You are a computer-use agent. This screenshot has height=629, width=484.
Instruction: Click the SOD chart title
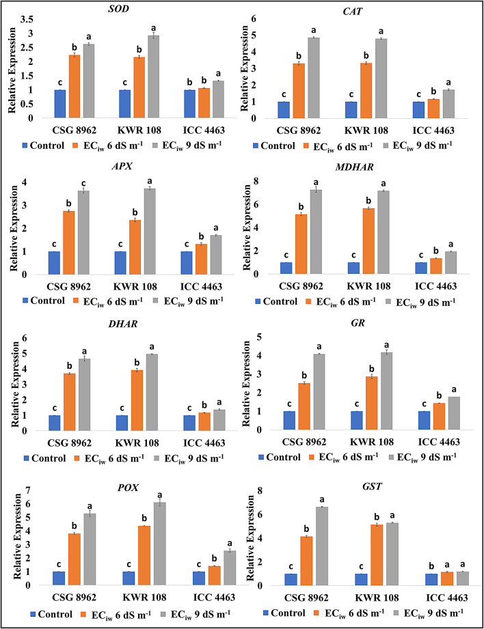(x=118, y=8)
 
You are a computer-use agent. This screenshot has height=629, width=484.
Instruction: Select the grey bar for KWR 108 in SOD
(x=153, y=76)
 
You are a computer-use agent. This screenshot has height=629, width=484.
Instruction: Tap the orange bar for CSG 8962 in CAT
(x=299, y=91)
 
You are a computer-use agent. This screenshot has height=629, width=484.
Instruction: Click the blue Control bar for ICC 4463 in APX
(x=187, y=263)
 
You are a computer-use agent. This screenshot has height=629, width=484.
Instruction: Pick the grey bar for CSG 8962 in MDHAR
(x=316, y=232)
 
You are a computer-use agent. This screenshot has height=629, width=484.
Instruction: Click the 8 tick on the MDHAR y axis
(x=256, y=182)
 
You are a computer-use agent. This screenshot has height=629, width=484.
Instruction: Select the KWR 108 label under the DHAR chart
(x=137, y=443)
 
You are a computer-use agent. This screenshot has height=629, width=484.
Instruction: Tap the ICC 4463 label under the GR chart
(x=439, y=442)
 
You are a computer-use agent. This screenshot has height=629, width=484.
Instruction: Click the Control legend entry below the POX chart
(x=51, y=614)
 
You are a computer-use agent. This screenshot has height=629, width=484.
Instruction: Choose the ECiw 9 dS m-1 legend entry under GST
(x=428, y=613)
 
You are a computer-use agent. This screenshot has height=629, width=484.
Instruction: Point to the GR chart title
(x=358, y=323)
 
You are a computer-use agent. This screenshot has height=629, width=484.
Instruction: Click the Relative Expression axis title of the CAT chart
(x=245, y=68)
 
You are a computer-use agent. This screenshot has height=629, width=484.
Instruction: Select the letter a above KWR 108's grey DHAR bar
(x=152, y=346)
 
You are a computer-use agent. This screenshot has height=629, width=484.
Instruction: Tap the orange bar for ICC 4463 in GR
(x=439, y=417)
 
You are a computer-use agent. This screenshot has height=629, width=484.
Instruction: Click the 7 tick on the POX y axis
(x=28, y=490)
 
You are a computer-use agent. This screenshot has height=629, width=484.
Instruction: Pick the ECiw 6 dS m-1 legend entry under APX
(x=108, y=301)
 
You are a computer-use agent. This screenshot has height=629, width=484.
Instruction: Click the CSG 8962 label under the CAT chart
(x=299, y=130)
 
